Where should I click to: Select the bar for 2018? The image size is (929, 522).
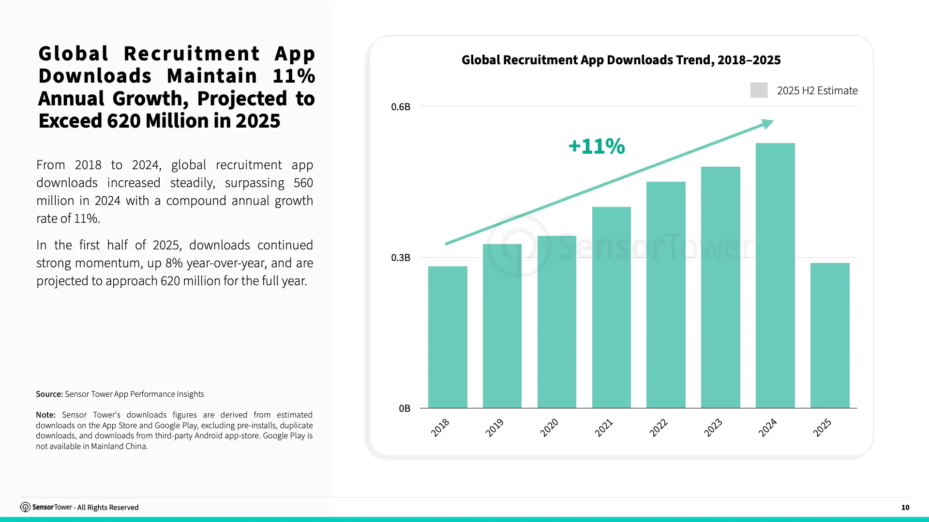pyautogui.click(x=448, y=337)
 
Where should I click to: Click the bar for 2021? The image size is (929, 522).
pyautogui.click(x=612, y=307)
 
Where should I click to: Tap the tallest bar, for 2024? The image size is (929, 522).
pyautogui.click(x=775, y=275)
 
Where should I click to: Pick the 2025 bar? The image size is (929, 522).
pyautogui.click(x=830, y=335)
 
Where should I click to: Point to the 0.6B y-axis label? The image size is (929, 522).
pyautogui.click(x=401, y=107)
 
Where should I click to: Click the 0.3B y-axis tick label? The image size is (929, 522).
pyautogui.click(x=401, y=258)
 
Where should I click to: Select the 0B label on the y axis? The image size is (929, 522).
pyautogui.click(x=405, y=408)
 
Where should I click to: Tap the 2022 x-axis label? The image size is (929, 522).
pyautogui.click(x=658, y=428)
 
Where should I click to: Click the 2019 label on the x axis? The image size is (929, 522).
pyautogui.click(x=494, y=428)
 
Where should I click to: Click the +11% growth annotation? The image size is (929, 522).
pyautogui.click(x=597, y=146)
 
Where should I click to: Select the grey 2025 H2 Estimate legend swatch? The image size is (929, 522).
pyautogui.click(x=759, y=90)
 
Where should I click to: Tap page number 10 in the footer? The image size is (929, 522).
pyautogui.click(x=905, y=507)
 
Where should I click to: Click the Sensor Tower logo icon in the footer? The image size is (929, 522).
pyautogui.click(x=25, y=507)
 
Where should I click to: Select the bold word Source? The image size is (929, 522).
pyautogui.click(x=49, y=394)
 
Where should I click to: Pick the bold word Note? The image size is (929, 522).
pyautogui.click(x=45, y=415)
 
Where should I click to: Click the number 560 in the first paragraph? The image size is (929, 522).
pyautogui.click(x=303, y=183)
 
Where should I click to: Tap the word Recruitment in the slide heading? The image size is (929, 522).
pyautogui.click(x=192, y=53)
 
